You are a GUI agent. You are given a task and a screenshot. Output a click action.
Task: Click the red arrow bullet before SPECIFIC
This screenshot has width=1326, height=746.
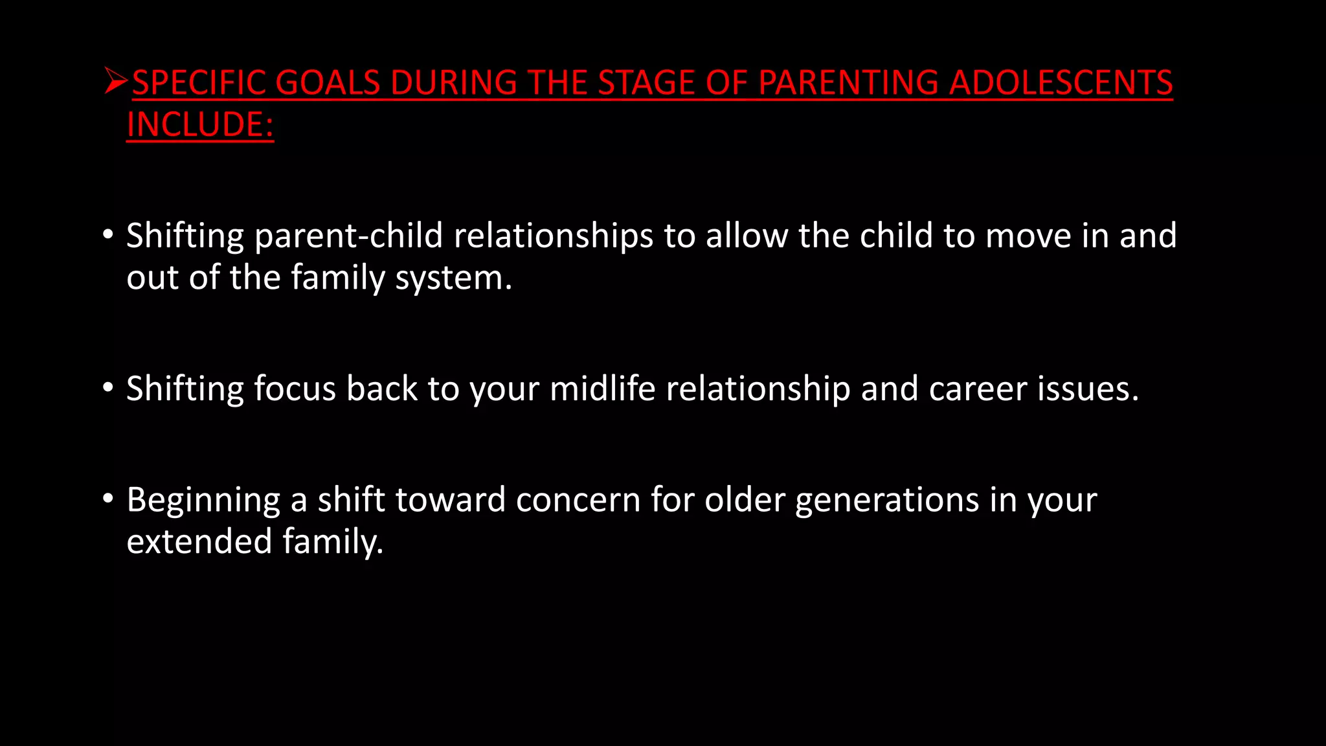tap(116, 82)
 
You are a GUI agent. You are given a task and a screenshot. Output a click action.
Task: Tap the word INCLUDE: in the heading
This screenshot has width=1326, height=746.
tap(200, 125)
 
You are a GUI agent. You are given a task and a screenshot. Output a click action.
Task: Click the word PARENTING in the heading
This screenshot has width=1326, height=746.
tap(848, 83)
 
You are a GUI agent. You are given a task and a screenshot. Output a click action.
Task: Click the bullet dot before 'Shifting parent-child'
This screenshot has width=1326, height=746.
tap(108, 233)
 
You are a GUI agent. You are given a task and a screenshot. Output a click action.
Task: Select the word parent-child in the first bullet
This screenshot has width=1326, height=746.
tap(348, 236)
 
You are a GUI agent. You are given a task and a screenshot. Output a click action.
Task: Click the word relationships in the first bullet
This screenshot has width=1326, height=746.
tap(553, 236)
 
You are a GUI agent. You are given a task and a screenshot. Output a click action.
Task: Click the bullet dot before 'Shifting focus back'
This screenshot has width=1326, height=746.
tap(108, 387)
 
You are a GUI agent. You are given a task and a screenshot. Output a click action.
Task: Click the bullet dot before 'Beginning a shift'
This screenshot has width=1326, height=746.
tap(108, 498)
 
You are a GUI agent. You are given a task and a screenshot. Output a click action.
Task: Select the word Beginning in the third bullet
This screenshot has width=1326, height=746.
tap(203, 501)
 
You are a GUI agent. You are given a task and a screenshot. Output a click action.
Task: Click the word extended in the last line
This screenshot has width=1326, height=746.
tap(199, 541)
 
